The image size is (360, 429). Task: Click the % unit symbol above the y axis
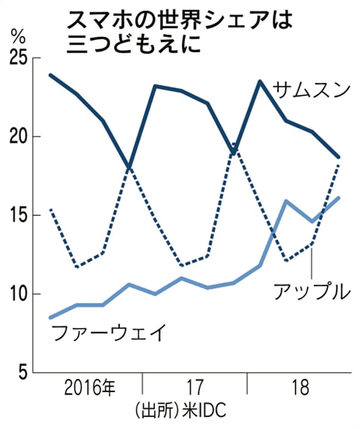pos(17,38)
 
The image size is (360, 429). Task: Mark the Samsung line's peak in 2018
pos(260,81)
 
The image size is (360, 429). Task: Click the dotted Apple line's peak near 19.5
pos(234,144)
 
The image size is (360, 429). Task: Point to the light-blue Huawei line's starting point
pos(50,318)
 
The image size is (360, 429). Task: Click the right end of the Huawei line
pos(338,198)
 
